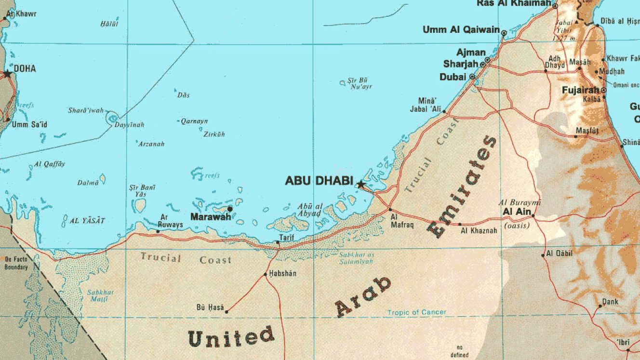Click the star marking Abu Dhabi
click(360, 184)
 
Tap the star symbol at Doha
click(7, 74)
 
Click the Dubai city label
click(453, 77)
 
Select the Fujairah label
click(580, 90)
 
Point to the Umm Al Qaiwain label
click(461, 30)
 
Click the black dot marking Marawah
click(230, 209)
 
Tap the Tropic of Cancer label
click(417, 312)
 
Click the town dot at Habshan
click(266, 275)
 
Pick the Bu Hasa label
click(210, 307)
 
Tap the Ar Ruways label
click(171, 221)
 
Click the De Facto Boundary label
click(16, 263)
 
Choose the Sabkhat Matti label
click(100, 295)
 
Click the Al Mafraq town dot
click(390, 210)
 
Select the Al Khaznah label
click(479, 231)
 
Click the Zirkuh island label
click(214, 134)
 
